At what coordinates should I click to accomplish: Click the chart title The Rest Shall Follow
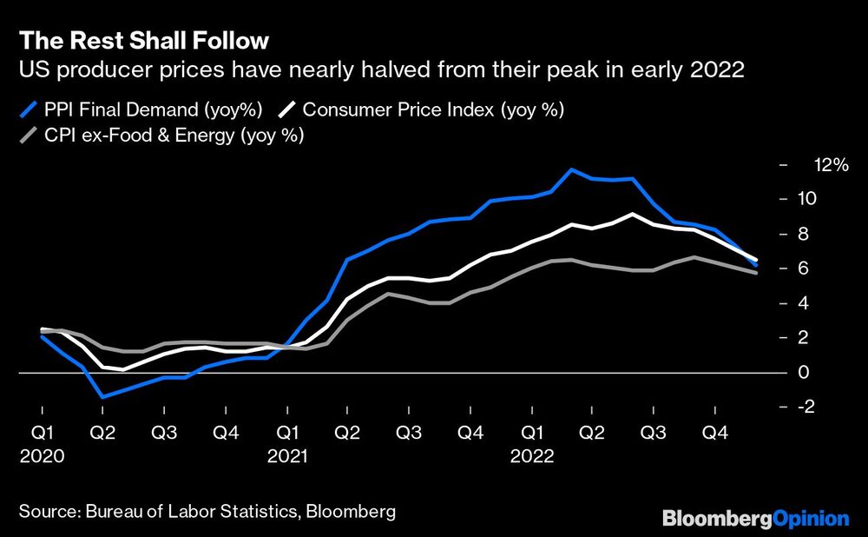pyautogui.click(x=143, y=41)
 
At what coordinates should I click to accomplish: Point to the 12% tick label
pyautogui.click(x=830, y=165)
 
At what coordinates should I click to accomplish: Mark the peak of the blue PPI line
pyautogui.click(x=571, y=169)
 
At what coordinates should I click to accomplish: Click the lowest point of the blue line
pyautogui.click(x=103, y=397)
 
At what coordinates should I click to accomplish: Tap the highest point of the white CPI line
pyautogui.click(x=634, y=214)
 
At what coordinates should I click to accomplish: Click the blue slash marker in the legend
pyautogui.click(x=29, y=109)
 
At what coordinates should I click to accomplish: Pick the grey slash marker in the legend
pyautogui.click(x=29, y=136)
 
